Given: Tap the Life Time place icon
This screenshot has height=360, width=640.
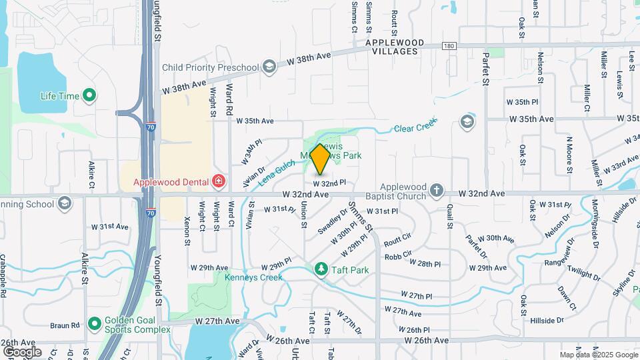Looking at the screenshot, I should [89, 96].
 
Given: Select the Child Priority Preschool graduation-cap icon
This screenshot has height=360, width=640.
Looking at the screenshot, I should [269, 67].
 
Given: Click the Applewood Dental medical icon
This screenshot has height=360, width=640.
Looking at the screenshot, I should [217, 181].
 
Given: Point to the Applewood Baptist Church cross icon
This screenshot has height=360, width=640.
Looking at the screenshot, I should [436, 191].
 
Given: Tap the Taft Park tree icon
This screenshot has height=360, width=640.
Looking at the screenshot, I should [321, 269].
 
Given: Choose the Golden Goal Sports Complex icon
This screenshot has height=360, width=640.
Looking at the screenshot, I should [94, 324].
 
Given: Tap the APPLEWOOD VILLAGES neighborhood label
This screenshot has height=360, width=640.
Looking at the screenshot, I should [397, 47].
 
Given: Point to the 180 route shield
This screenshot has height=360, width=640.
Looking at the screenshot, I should [449, 45].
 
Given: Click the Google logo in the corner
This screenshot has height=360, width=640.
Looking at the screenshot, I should [22, 351].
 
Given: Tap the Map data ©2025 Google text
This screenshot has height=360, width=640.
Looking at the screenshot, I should [597, 355].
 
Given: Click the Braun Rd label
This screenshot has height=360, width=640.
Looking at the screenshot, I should [65, 326].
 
